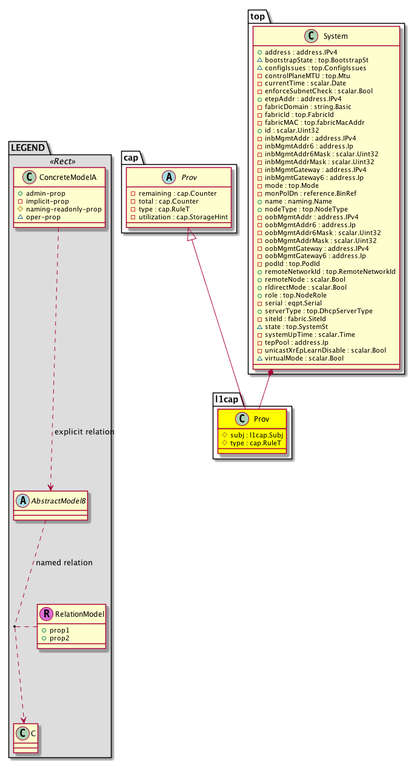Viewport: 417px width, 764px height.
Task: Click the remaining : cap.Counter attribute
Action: pos(173,193)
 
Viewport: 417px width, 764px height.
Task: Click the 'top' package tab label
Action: pos(258,16)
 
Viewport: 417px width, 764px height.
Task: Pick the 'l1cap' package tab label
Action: pos(227,399)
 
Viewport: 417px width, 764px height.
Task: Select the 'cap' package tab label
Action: pos(132,157)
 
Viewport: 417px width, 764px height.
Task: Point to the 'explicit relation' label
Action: pos(84,432)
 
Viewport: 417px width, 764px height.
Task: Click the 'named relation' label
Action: pos(64,562)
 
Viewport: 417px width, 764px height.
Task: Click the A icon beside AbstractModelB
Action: pos(22,501)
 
